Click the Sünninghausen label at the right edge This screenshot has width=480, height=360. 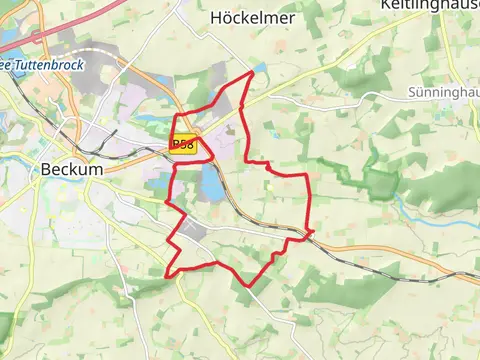[444, 92]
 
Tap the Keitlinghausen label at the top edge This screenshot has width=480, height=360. [430, 5]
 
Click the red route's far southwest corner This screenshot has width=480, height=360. [166, 275]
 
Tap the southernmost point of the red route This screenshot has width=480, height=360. [248, 287]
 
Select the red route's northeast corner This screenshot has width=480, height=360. [306, 175]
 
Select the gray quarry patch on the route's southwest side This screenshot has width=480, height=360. [195, 232]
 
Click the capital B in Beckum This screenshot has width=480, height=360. [47, 170]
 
